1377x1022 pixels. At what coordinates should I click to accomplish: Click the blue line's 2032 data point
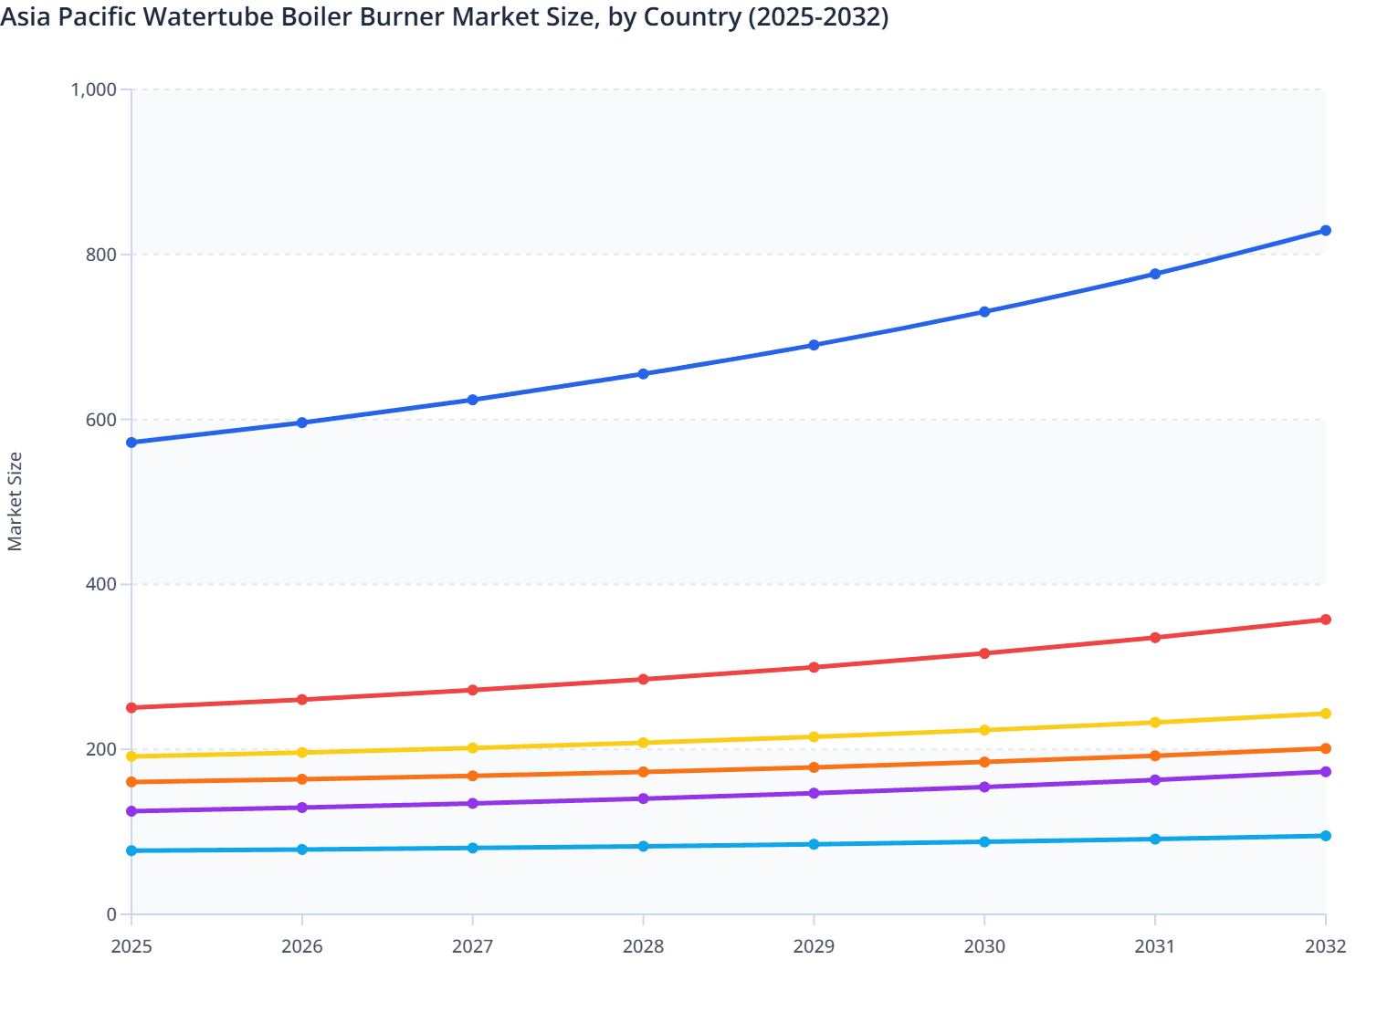[1325, 231]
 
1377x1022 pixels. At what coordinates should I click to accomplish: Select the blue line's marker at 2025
[131, 443]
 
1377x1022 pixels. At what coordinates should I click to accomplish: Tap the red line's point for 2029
[814, 667]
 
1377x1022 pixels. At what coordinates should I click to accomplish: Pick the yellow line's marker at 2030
[984, 730]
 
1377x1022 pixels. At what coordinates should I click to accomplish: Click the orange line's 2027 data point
[473, 776]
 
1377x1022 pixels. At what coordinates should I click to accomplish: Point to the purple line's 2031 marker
[1155, 780]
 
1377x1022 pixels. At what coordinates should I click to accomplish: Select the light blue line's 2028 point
[643, 846]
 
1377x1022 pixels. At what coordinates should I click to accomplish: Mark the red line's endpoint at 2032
[1325, 620]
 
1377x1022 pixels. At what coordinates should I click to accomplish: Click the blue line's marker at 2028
[643, 374]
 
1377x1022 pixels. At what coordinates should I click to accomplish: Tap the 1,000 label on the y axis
[94, 89]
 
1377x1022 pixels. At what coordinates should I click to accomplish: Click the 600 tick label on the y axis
[101, 420]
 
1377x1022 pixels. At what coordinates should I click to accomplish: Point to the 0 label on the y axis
[111, 914]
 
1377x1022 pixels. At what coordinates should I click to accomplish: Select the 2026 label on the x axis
[302, 946]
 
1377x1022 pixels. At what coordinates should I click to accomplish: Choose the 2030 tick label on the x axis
[984, 946]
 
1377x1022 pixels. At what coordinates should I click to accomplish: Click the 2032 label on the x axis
[1325, 946]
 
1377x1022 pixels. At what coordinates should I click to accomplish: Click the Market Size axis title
[15, 502]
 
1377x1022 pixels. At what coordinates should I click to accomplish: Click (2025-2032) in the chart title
[817, 16]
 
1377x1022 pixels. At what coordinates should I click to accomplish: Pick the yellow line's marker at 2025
[131, 756]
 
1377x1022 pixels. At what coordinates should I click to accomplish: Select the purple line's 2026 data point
[302, 808]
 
